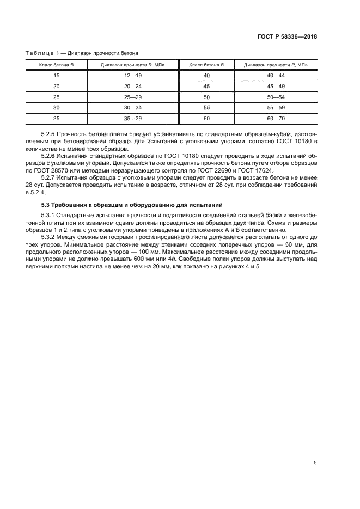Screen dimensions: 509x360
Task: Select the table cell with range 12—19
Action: coord(132,76)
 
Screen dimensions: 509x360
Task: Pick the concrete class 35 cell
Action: coord(56,118)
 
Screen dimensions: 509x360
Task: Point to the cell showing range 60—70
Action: coord(276,118)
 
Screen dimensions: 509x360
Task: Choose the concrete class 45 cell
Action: coord(206,86)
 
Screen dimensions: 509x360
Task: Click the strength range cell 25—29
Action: coord(132,97)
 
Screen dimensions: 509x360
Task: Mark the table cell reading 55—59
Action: coord(276,108)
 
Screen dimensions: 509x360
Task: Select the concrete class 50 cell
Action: coord(206,97)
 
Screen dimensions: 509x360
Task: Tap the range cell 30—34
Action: coord(132,108)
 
